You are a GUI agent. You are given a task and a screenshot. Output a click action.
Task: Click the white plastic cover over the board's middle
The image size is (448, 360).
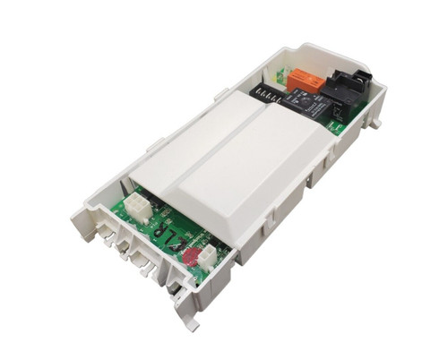(x=224, y=166)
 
